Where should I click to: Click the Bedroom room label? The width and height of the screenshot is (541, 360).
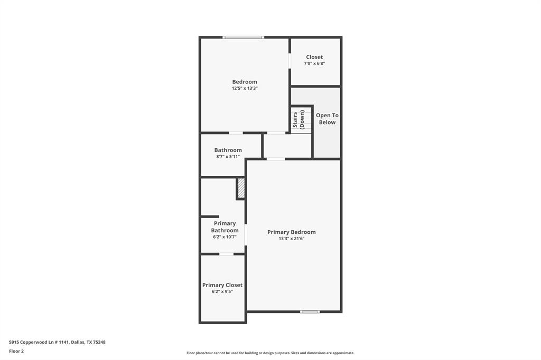coord(245,82)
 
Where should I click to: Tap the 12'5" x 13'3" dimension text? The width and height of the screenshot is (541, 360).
coord(245,89)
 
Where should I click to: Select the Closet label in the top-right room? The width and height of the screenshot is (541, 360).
coord(314,57)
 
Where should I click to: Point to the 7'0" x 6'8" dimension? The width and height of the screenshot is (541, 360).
coord(314,63)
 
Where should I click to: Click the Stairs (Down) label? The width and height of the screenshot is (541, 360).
coord(299,120)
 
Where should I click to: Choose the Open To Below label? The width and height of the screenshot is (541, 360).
coord(327,119)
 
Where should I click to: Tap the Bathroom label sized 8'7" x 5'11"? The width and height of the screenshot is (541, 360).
coord(228,150)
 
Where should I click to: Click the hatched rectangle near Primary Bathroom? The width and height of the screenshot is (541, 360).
coord(241,188)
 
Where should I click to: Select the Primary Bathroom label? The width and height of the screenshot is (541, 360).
coord(225,227)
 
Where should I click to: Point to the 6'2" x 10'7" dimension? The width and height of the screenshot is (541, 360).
coord(225,237)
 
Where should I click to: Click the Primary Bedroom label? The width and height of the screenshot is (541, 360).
coord(291,232)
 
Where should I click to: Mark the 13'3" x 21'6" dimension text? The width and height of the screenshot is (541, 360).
coord(291,239)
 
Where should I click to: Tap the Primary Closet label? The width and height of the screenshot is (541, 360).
coord(222,285)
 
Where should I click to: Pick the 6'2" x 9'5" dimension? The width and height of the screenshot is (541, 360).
coord(222,291)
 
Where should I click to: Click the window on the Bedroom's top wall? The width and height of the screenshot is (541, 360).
coord(243,37)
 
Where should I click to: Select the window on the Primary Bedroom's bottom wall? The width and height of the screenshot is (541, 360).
coord(310,311)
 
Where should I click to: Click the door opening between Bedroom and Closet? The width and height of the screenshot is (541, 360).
coord(290,61)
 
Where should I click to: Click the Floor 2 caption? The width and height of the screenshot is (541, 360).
coord(16,351)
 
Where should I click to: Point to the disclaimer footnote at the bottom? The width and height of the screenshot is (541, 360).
coord(270,353)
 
